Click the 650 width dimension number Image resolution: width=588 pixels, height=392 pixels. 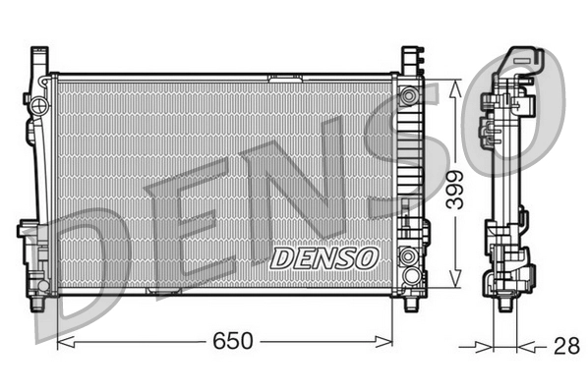229,342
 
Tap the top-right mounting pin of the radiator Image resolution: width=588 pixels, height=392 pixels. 409,54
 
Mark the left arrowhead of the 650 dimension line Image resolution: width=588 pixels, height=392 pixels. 63,343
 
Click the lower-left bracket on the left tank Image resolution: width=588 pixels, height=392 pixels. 29,236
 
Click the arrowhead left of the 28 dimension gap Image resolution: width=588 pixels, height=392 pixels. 484,346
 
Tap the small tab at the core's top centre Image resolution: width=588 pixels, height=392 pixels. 285,75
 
